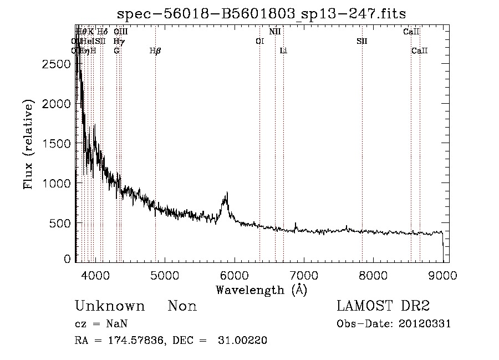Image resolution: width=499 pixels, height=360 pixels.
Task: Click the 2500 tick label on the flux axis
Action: pos(56,64)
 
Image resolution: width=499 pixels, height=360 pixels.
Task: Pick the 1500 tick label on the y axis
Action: pos(56,144)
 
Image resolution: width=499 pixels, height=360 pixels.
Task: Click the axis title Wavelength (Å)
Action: pos(261,290)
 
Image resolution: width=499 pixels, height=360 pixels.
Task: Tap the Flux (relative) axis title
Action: pos(28,144)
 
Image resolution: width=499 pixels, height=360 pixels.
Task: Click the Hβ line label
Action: pos(155,51)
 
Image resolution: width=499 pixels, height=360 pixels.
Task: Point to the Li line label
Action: pos(283,51)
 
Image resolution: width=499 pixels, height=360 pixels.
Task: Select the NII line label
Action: pos(275,32)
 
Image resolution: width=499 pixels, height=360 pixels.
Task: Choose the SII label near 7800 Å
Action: pos(361,42)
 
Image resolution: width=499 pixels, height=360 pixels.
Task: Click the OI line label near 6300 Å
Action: pos(259,42)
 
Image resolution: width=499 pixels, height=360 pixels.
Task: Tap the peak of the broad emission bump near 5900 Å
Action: pos(226,194)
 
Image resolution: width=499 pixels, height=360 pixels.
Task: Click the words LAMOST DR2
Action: pos(383,306)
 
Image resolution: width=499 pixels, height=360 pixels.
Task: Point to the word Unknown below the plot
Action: pos(110,306)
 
